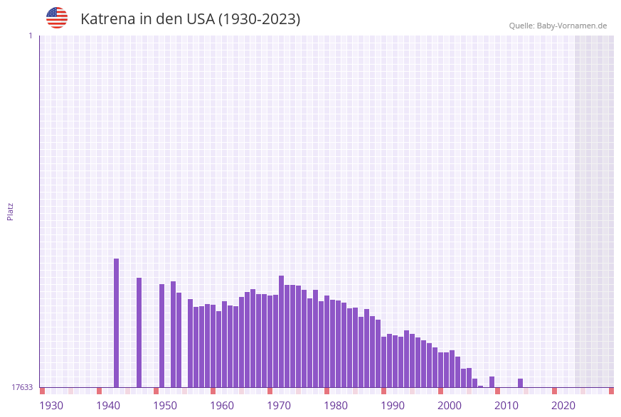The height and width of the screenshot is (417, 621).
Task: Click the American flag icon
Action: point(57,18)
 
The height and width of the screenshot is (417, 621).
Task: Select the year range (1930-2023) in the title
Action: point(259,19)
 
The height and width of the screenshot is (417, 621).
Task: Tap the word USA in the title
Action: point(200,19)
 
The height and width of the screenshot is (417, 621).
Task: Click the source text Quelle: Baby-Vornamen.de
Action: point(558,26)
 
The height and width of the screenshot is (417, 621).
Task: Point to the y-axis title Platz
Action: point(10,211)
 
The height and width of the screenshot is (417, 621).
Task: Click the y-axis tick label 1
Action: point(30,36)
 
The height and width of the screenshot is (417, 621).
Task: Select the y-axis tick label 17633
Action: point(22,387)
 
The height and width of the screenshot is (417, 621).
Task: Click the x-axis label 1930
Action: point(51,406)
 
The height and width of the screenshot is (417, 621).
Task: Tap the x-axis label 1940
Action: point(108,406)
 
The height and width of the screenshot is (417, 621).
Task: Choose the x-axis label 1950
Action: point(165,406)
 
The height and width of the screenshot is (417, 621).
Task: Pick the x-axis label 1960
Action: point(222,406)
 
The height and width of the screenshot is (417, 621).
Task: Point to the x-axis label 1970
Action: point(279,406)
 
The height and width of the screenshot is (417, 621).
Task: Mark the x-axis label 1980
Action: point(336,406)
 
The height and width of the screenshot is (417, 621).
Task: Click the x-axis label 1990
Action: point(393,406)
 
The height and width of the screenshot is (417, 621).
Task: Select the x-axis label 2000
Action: point(450,406)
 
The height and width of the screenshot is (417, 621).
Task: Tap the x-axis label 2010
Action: point(506,406)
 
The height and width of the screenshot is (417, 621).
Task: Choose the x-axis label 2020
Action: point(563,406)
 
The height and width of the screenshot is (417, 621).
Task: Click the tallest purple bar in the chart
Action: point(117,323)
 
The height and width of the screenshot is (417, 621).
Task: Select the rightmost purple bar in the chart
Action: point(521,383)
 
